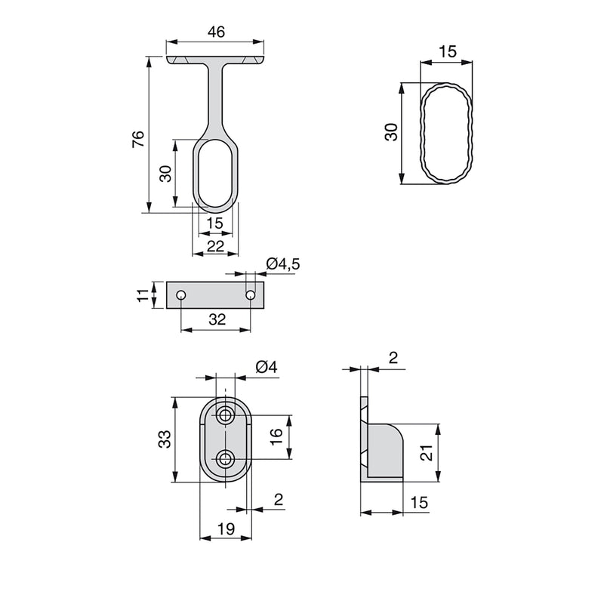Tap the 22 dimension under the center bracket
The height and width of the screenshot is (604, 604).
[x=215, y=245]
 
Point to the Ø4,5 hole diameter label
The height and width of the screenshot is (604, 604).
[x=283, y=263]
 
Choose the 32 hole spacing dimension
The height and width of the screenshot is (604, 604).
[x=216, y=319]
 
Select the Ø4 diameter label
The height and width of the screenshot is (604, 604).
[x=267, y=367]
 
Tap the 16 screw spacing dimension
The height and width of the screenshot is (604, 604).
[x=276, y=436]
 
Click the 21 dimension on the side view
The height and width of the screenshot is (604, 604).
[x=426, y=452]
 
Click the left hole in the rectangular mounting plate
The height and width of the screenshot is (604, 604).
[x=181, y=294]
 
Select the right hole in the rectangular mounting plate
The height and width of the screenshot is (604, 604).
[x=251, y=294]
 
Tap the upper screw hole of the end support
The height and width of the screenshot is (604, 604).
[x=225, y=415]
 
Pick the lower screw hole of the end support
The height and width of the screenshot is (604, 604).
[x=225, y=458]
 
